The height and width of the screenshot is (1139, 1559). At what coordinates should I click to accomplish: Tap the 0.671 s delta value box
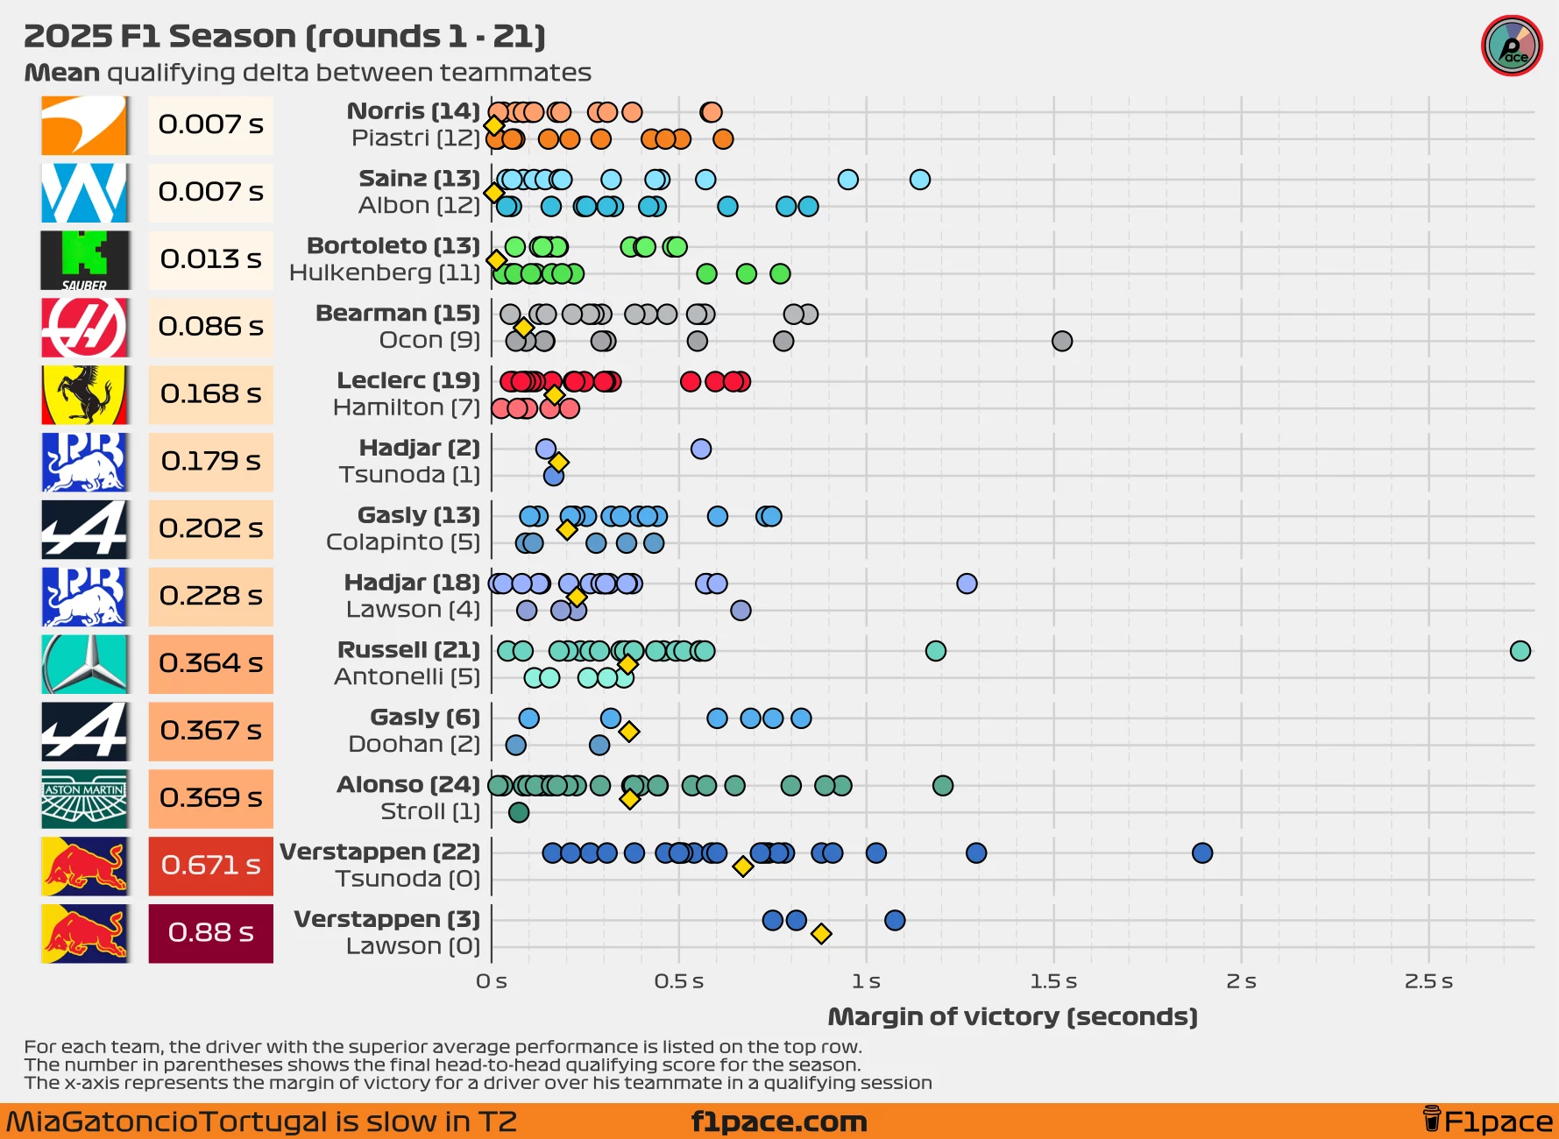[210, 866]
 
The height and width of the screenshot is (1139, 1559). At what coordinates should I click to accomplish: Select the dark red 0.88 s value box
[210, 933]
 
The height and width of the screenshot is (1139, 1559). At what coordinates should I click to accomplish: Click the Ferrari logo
[84, 394]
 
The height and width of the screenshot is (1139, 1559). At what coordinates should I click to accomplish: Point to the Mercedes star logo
[84, 664]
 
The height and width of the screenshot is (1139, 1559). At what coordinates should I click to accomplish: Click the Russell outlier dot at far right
[1520, 651]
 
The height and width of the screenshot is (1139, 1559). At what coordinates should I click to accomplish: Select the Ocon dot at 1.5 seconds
[1062, 341]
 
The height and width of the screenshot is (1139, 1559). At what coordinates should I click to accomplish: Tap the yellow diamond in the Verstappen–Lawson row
[821, 934]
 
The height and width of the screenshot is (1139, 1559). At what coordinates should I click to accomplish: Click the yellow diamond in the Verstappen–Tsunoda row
[743, 867]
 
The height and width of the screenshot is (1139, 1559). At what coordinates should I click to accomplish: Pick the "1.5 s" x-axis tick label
[1053, 981]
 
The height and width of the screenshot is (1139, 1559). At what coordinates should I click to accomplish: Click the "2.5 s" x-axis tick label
[1428, 981]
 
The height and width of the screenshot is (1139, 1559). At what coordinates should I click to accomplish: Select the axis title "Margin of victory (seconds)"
[1012, 1016]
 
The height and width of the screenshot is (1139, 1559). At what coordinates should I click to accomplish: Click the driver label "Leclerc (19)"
[408, 380]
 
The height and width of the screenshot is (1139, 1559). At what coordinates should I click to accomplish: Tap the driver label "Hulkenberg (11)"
[385, 273]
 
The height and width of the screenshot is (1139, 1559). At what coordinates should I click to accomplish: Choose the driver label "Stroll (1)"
[430, 811]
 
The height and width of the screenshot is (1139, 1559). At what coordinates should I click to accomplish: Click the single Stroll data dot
[519, 812]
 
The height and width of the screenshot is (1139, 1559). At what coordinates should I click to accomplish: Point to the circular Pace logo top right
[1512, 46]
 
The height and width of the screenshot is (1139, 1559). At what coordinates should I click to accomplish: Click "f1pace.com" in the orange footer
[779, 1121]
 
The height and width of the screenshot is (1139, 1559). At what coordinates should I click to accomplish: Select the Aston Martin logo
[84, 799]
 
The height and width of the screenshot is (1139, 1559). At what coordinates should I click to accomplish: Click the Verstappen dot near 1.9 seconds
[1202, 853]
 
